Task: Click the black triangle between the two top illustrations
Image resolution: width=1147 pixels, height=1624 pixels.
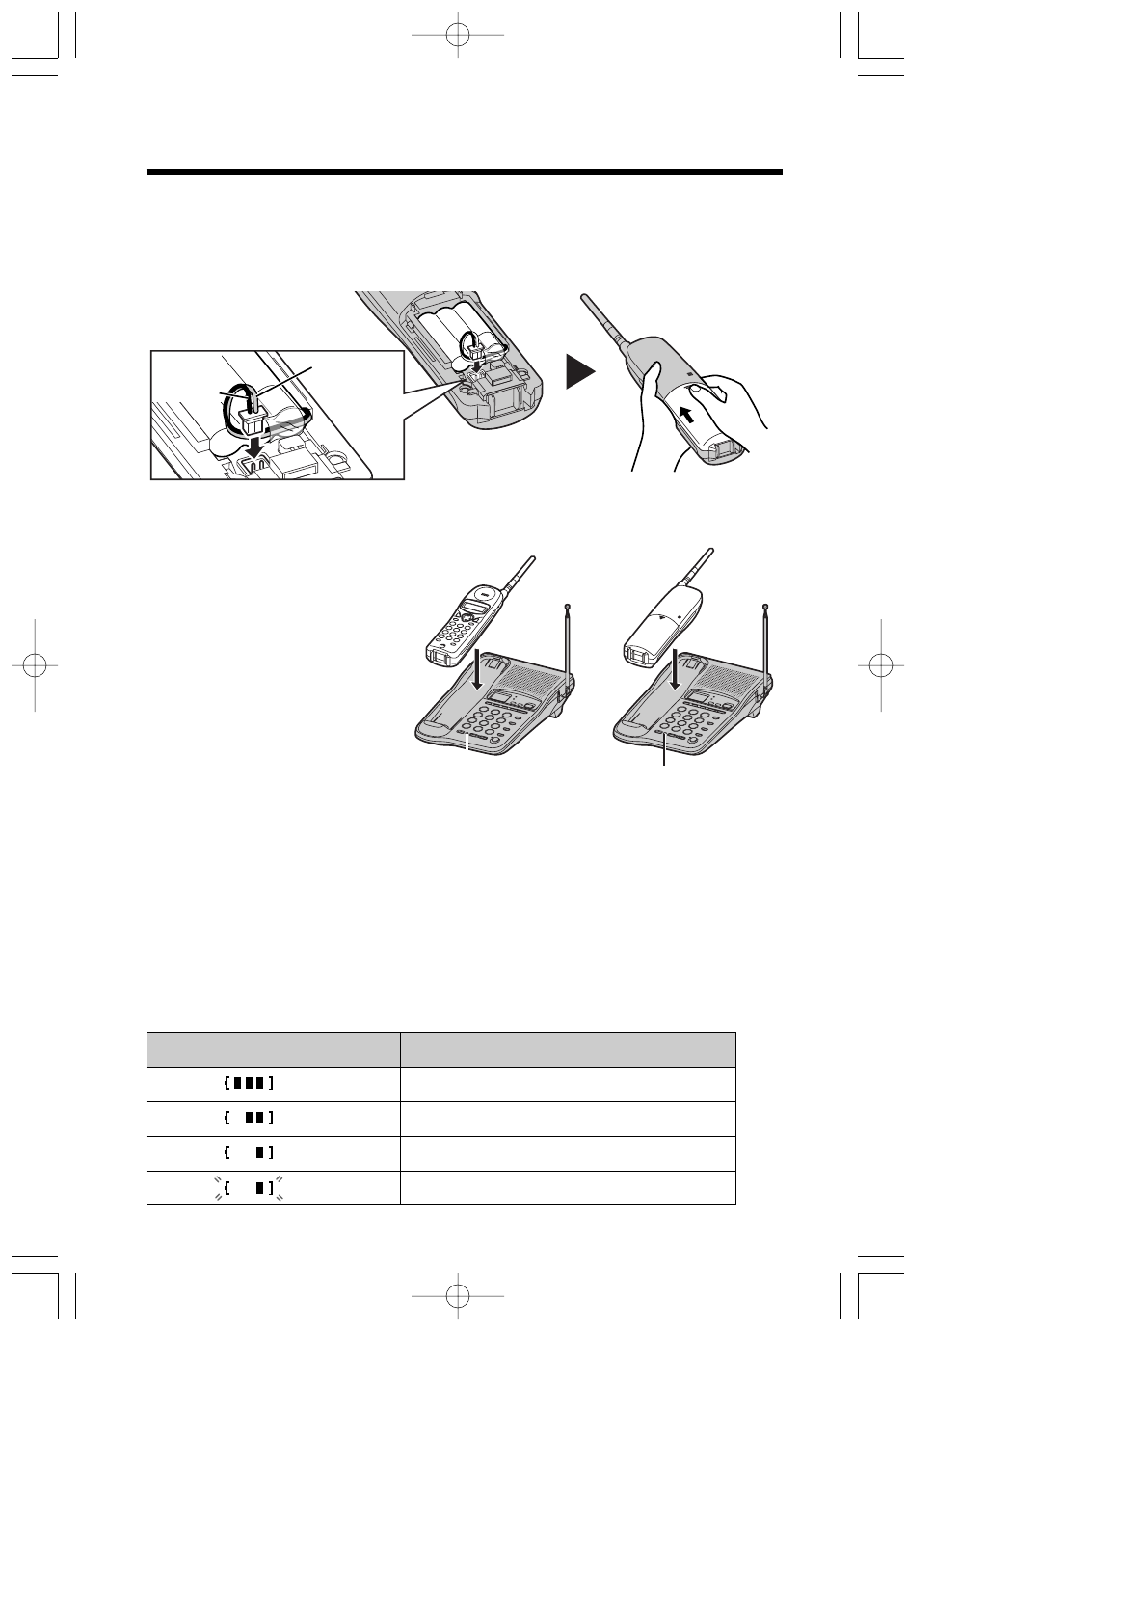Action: (580, 372)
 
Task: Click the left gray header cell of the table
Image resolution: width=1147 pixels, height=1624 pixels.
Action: (273, 1049)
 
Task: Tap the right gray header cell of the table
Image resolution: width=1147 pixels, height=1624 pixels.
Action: (568, 1049)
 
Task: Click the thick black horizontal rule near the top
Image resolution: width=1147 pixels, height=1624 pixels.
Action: (464, 173)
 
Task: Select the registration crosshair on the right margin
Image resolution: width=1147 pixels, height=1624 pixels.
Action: (880, 665)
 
